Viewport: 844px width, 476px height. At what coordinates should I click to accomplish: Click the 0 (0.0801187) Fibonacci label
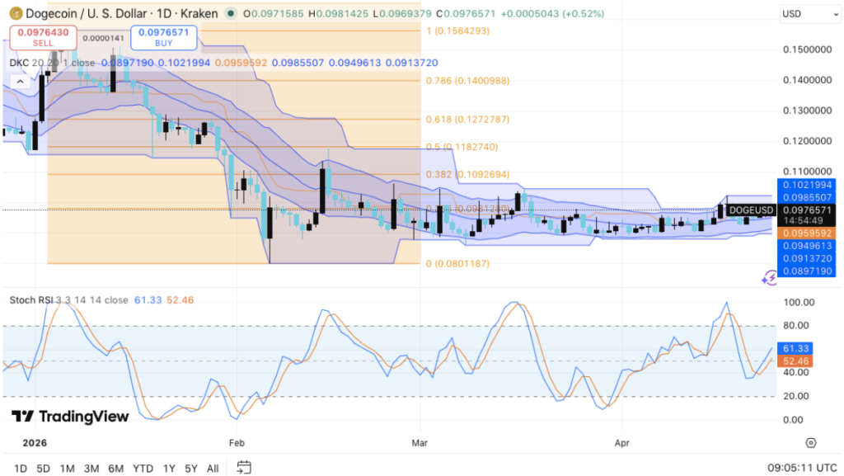(457, 264)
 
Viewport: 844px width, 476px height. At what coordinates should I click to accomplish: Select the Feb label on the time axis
(237, 442)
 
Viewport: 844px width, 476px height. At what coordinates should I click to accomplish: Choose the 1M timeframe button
(68, 469)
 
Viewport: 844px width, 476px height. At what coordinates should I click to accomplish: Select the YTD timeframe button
(143, 469)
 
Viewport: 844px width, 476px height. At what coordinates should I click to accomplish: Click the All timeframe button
(213, 469)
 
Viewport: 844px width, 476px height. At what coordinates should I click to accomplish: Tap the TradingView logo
(71, 417)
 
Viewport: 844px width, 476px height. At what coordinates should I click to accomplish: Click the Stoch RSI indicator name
(30, 299)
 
